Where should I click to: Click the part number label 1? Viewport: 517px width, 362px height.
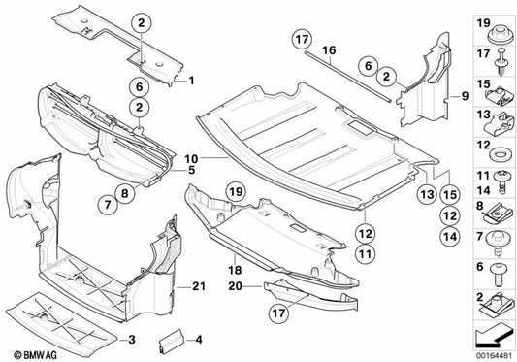point(192,80)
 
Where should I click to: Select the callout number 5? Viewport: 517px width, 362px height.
point(192,169)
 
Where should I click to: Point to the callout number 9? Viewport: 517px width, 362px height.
point(465,97)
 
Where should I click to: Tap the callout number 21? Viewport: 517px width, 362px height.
point(199,285)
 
